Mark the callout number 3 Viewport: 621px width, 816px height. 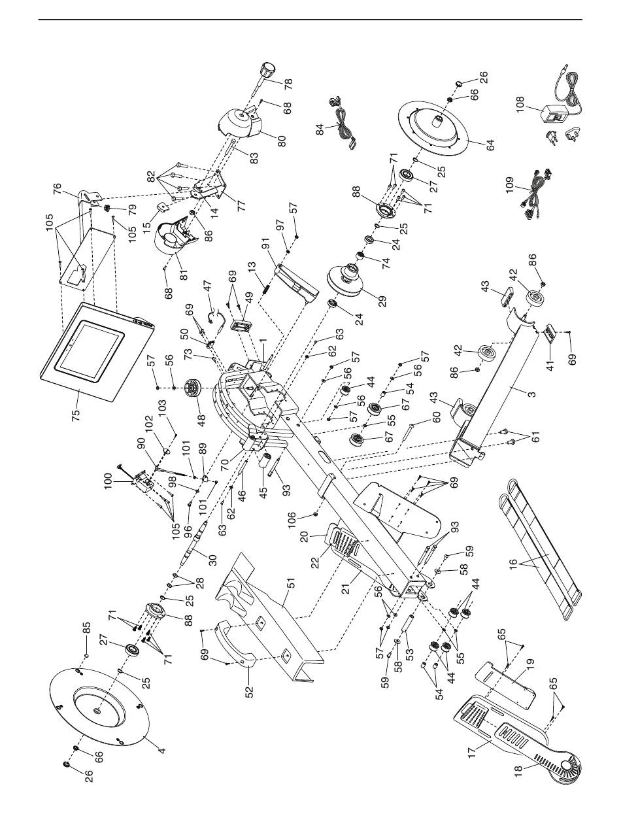coord(513,394)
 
